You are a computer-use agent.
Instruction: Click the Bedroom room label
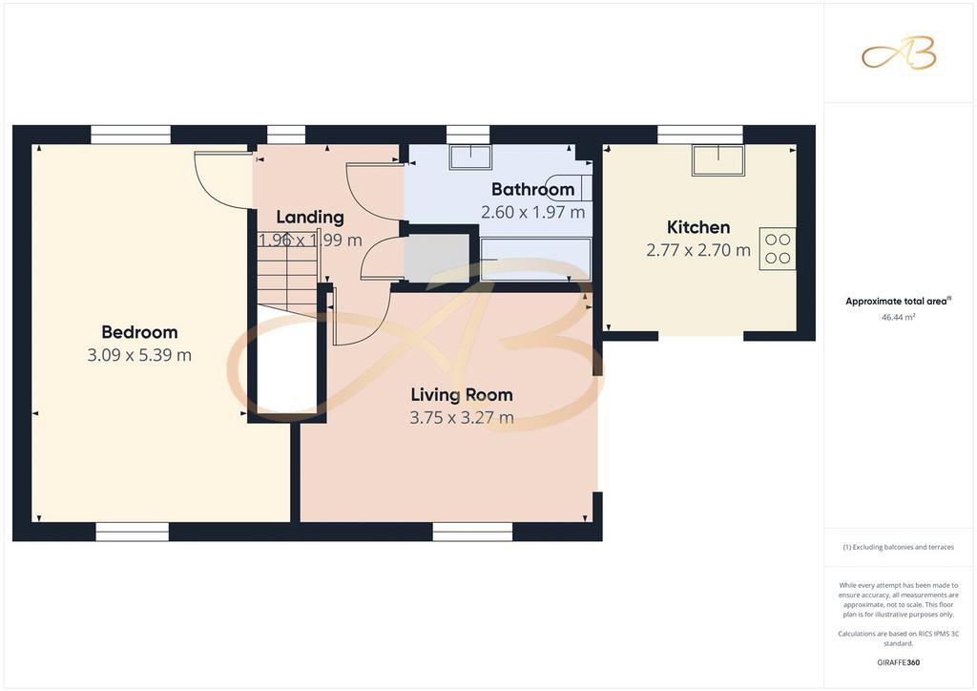(139, 332)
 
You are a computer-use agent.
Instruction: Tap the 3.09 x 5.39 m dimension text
(139, 355)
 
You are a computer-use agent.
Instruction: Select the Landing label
(310, 217)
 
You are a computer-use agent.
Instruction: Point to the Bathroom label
(532, 189)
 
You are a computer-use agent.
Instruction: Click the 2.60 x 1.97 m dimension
(532, 213)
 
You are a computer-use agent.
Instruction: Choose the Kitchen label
(698, 227)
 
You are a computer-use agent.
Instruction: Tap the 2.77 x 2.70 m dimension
(698, 250)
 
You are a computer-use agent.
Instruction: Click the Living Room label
(462, 394)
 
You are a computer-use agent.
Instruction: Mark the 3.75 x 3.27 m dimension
(462, 417)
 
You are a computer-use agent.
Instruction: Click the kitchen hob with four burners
(777, 248)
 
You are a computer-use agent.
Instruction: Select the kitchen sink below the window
(718, 160)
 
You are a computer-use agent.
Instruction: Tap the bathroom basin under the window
(470, 157)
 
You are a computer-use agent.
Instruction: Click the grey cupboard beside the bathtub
(437, 258)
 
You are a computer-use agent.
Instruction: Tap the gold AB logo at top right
(899, 52)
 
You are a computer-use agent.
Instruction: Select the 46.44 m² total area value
(898, 317)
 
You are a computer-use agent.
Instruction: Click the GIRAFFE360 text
(898, 662)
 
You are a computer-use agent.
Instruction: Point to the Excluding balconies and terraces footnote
(898, 547)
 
